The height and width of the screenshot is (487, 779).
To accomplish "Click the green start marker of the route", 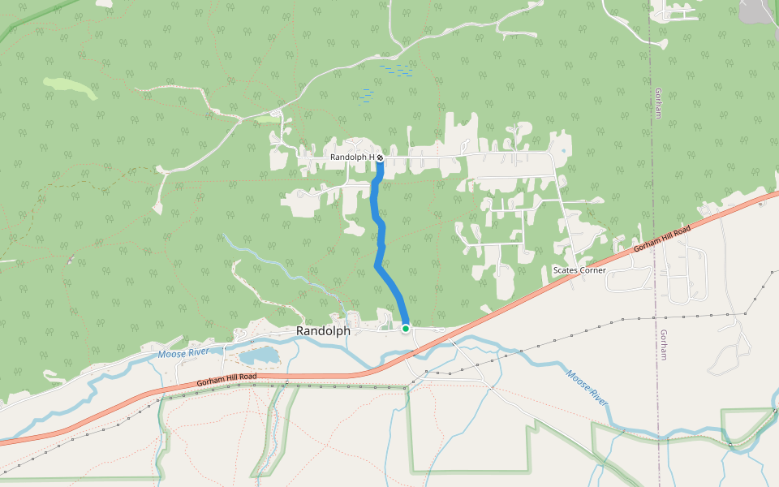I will (405, 328).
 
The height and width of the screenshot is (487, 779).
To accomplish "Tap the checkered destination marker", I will (379, 157).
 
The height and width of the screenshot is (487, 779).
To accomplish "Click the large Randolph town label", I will (323, 331).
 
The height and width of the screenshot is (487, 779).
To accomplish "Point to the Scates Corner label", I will (579, 270).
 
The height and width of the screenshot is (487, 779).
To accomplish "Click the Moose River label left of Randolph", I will (183, 351).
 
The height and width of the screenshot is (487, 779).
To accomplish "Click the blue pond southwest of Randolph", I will (260, 356).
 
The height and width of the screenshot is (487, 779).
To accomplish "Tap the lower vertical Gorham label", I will (663, 345).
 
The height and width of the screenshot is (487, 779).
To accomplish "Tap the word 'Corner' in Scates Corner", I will (592, 270).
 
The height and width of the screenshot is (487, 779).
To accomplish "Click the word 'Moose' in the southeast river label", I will (578, 378).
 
